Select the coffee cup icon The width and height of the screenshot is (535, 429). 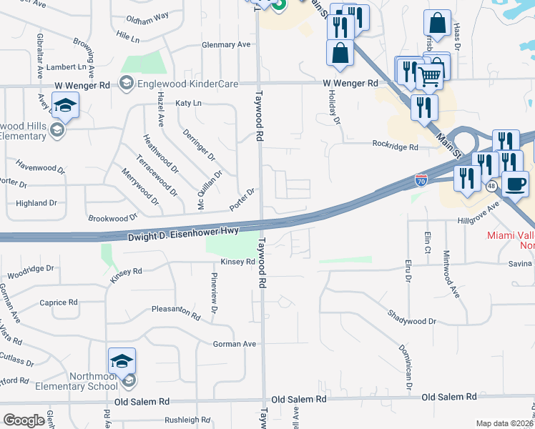pyautogui.click(x=514, y=184)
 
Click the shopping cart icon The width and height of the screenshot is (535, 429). pyautogui.click(x=429, y=75)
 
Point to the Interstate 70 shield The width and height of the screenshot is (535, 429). pyautogui.click(x=421, y=180)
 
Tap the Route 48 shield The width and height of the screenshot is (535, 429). pyautogui.click(x=491, y=186)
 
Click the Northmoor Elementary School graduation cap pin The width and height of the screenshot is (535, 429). pyautogui.click(x=122, y=362)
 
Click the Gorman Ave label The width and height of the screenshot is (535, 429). pyautogui.click(x=235, y=344)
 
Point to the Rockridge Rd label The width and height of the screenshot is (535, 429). pyautogui.click(x=395, y=146)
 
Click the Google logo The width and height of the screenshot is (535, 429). pyautogui.click(x=24, y=420)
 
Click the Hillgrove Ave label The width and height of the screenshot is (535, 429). pyautogui.click(x=478, y=214)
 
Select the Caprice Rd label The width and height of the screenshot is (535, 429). pyautogui.click(x=59, y=302)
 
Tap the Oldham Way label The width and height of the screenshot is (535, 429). pyautogui.click(x=147, y=16)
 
